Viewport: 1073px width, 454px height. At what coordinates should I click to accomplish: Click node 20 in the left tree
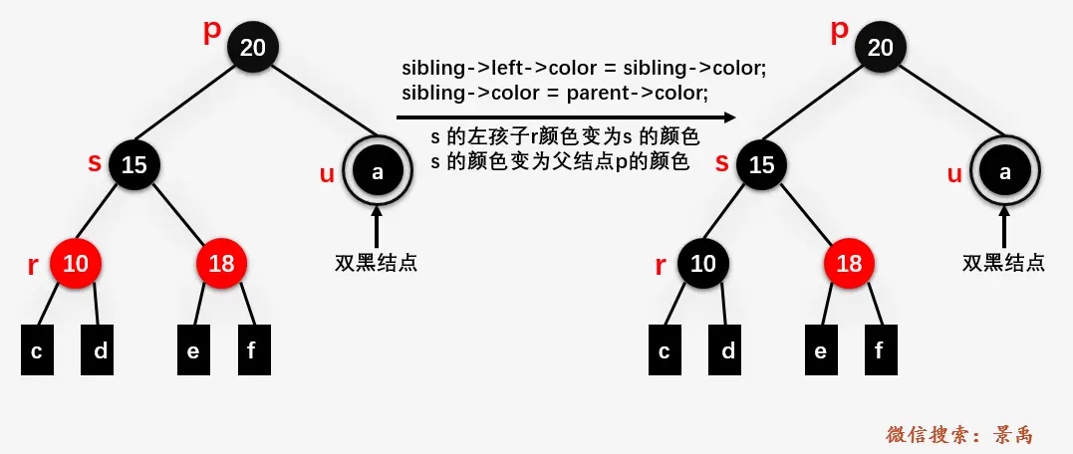[252, 47]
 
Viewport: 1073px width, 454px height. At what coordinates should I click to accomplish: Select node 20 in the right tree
[880, 47]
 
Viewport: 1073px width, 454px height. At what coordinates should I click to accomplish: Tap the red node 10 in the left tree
[76, 263]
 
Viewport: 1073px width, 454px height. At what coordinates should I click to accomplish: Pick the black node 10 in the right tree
[703, 263]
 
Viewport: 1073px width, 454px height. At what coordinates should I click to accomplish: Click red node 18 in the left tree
[222, 263]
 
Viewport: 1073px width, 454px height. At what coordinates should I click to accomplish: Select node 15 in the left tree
[134, 164]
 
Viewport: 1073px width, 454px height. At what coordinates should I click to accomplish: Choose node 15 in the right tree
[761, 164]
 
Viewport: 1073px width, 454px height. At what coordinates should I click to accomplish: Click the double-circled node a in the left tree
[377, 172]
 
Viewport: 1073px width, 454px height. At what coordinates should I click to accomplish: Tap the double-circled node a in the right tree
[1004, 172]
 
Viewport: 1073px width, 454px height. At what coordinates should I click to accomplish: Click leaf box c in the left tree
[37, 349]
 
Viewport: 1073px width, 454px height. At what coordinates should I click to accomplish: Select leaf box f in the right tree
[879, 349]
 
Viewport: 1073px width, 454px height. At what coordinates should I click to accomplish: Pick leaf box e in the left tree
[193, 349]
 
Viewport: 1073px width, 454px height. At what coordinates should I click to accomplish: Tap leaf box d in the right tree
[728, 349]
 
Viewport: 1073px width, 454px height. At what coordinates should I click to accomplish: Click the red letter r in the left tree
[32, 266]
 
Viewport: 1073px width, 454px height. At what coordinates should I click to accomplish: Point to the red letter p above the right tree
[839, 29]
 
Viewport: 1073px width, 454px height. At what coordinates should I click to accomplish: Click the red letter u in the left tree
[327, 174]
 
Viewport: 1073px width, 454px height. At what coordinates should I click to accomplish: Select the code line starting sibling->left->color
[582, 69]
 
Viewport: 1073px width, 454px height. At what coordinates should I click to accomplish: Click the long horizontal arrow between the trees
[565, 117]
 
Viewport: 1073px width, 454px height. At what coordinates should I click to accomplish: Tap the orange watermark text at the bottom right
[959, 435]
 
